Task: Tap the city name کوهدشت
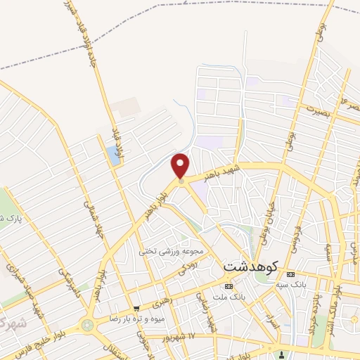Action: click(251, 267)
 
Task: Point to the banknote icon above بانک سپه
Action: click(290, 274)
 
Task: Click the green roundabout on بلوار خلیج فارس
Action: click(87, 326)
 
